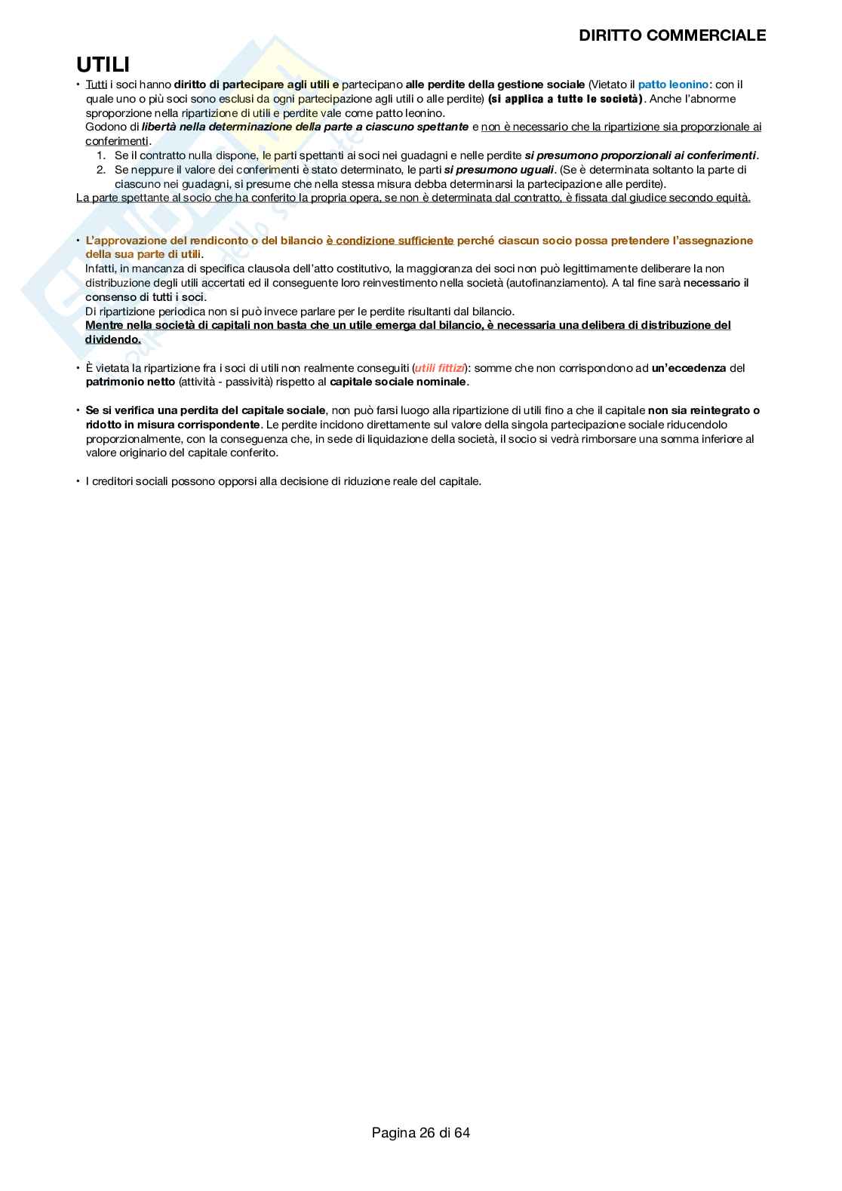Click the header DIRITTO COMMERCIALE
(671, 35)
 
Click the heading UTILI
(103, 65)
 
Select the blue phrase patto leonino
(673, 84)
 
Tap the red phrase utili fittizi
(440, 368)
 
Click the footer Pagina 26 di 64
(420, 1132)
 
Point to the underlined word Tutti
(97, 84)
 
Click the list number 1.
(101, 155)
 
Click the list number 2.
(101, 170)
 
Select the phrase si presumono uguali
(499, 170)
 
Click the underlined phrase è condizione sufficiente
(390, 241)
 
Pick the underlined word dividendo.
(112, 339)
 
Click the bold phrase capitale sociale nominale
(398, 382)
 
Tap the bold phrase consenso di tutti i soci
(145, 297)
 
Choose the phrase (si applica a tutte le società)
(565, 99)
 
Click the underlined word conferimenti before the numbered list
(117, 141)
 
